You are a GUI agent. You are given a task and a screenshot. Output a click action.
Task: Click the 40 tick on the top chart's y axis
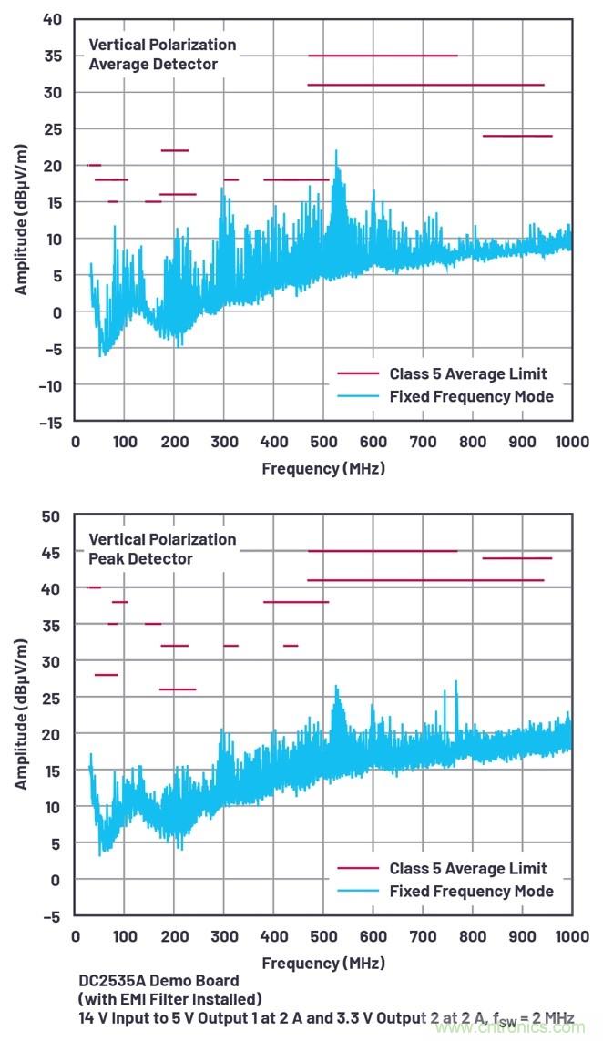[53, 19]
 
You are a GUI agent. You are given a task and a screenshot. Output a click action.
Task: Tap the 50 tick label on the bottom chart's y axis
[53, 516]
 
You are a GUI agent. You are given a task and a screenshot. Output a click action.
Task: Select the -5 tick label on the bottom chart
[53, 915]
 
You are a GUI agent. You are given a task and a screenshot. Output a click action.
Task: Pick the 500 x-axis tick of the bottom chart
[323, 935]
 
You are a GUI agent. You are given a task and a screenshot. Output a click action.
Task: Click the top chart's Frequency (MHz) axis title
[323, 468]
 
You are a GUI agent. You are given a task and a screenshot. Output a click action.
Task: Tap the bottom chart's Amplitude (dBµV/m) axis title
[20, 716]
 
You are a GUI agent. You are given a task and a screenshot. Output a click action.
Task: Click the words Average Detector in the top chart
[153, 65]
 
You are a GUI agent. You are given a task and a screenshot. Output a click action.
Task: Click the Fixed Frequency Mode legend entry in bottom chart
[471, 891]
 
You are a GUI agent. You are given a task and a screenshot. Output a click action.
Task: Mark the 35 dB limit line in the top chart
[383, 56]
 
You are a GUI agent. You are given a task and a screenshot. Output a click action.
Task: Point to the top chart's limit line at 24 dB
[517, 136]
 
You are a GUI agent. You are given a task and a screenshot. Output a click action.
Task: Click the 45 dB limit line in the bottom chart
[383, 551]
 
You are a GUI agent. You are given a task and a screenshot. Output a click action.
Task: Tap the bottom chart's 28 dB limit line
[107, 675]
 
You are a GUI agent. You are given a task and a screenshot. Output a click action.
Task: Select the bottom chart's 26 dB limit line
[178, 689]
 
